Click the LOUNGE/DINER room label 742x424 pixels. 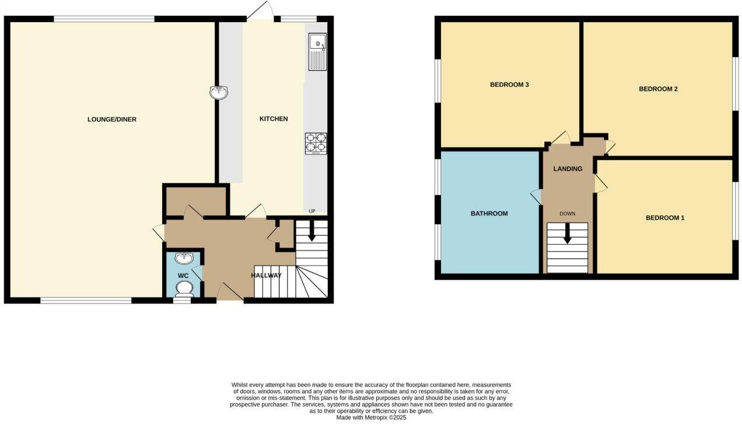point(111,119)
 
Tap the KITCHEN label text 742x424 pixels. point(274,119)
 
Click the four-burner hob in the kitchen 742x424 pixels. point(316,143)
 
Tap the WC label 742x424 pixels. point(183,275)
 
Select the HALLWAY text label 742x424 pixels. point(267,275)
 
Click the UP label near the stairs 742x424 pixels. point(312,211)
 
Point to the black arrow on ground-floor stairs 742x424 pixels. point(311,232)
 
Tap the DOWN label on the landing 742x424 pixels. point(567,214)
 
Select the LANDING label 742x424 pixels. point(568,169)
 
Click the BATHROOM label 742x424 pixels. point(489,214)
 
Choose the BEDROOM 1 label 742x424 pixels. point(665,218)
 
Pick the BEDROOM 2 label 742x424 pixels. point(658,89)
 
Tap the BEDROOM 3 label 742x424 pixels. point(509,84)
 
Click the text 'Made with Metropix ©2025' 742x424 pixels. point(371,418)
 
